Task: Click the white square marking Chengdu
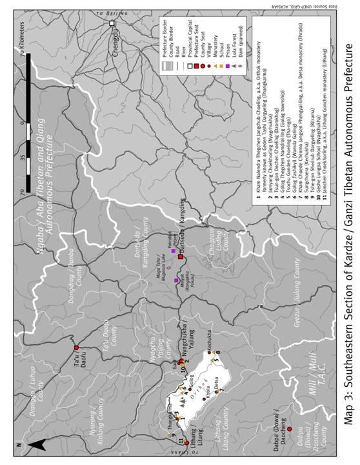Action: coord(112,24)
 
